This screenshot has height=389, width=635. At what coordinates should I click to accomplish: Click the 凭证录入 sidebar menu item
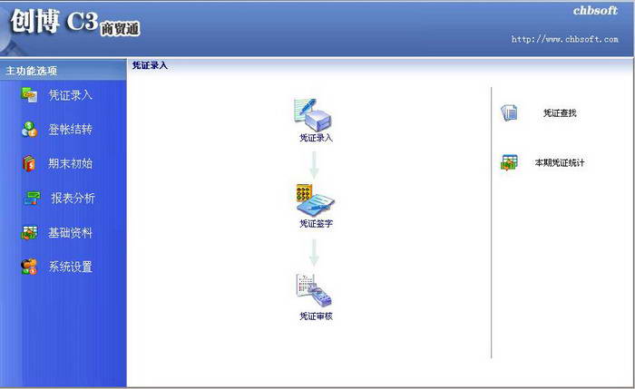click(x=70, y=95)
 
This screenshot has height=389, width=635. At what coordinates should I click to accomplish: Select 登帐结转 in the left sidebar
click(x=70, y=130)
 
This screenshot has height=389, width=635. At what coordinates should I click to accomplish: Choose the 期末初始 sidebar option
click(x=70, y=164)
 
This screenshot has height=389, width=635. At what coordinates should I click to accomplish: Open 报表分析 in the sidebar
click(x=73, y=199)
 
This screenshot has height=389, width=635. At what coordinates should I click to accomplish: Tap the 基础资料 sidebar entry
click(x=70, y=233)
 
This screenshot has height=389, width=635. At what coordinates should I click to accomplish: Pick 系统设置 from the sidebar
click(x=70, y=267)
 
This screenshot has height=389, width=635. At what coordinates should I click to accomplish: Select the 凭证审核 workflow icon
click(x=314, y=290)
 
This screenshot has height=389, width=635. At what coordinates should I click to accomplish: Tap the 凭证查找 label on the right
click(x=560, y=113)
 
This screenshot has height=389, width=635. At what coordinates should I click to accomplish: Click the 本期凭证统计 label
click(x=559, y=163)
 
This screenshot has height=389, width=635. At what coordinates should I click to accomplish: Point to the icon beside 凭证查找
click(x=509, y=113)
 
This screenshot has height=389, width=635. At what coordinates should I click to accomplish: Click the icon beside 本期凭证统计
click(x=509, y=163)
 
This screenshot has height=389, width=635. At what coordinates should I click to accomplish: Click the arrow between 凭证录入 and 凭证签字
click(x=314, y=164)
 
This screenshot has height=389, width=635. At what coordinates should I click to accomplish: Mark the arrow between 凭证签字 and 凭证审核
click(x=314, y=251)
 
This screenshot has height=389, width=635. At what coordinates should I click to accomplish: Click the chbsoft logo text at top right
click(x=595, y=12)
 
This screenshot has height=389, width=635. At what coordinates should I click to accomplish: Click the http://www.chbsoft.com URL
click(x=564, y=40)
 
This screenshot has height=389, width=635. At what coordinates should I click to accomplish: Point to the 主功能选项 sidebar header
click(x=32, y=71)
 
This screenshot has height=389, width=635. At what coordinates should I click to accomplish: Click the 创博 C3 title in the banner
click(x=54, y=23)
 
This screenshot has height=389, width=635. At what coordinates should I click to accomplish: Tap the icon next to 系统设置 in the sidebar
click(x=30, y=267)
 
